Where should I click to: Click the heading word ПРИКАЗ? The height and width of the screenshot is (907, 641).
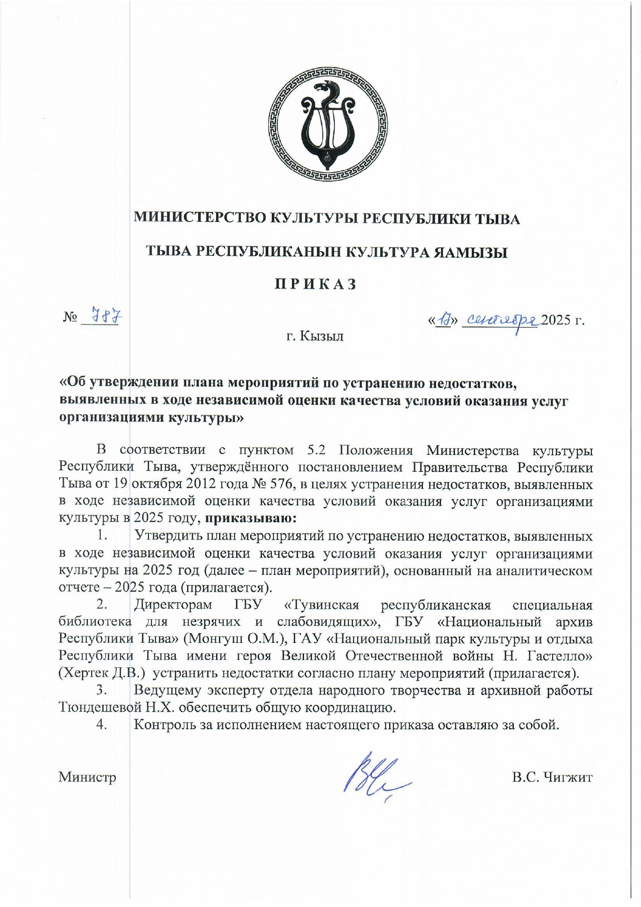pos(315,285)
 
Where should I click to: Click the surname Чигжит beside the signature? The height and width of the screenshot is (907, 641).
pos(567,777)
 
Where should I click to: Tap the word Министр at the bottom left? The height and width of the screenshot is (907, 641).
pos(87,777)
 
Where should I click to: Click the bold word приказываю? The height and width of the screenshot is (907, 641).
pos(251,518)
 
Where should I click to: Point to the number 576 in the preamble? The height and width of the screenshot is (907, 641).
pos(282,484)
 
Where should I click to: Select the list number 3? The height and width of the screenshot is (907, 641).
pos(101,690)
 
